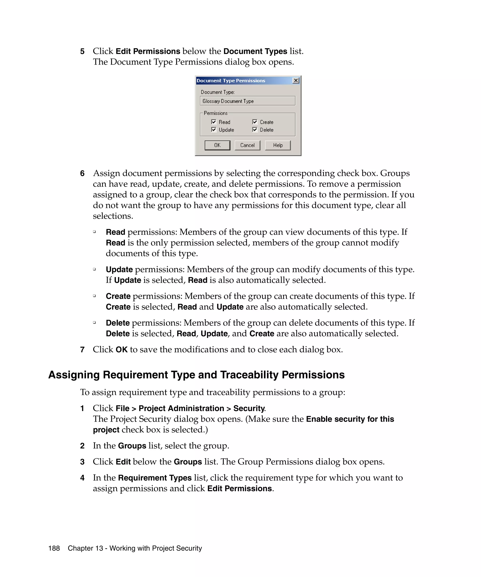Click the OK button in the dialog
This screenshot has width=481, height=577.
coord(217,145)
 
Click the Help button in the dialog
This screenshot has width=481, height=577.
coord(278,145)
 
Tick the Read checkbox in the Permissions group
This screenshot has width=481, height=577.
coord(213,122)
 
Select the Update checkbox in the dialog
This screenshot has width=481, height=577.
coord(213,129)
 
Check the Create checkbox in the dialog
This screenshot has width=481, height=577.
coord(255,122)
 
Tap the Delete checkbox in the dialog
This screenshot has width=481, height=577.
coord(255,129)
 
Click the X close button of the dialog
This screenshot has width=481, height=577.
coord(296,81)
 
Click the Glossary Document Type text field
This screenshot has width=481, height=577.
coord(247,101)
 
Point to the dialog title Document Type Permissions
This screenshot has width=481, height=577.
coord(231,81)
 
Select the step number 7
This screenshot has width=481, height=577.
coord(82,350)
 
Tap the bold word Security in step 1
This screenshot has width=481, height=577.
coord(249,408)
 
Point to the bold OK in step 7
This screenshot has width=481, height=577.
coord(121,350)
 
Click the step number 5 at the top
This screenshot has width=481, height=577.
coord(82,51)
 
